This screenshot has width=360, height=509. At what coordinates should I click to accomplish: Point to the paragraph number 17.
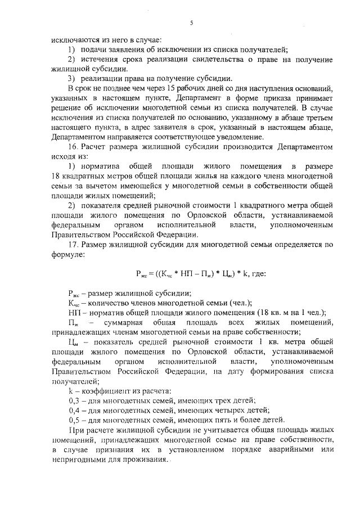pos(72,245)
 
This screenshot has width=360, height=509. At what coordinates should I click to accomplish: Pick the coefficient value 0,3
pos(73,400)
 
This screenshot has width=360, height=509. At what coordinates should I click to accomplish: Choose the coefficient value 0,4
pos(73,410)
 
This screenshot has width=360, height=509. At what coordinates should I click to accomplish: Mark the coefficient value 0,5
pos(73,420)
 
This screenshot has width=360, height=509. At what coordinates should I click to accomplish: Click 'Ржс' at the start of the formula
pos(141,274)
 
